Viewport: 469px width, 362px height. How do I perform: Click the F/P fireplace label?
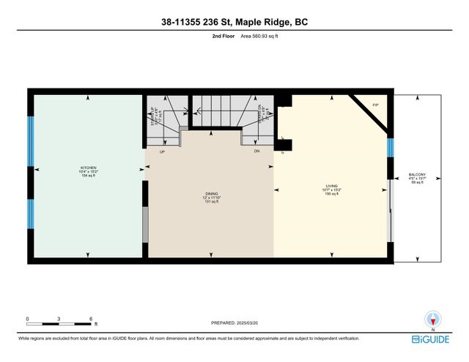(x=374, y=105)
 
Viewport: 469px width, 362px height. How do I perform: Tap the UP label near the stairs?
(x=161, y=151)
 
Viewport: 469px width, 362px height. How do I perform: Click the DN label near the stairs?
(x=256, y=151)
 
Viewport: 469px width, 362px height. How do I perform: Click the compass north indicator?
(x=435, y=319)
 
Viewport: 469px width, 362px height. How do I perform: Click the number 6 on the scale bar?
(x=91, y=319)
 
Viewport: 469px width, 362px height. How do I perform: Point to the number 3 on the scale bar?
(x=59, y=319)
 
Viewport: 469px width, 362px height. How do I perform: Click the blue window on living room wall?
(x=390, y=148)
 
